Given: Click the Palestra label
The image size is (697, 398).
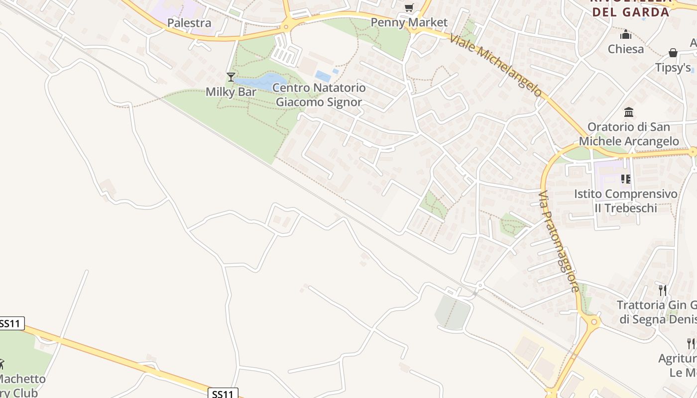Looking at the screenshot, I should pos(189,23).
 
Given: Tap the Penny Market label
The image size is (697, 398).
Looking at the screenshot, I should pos(409,23).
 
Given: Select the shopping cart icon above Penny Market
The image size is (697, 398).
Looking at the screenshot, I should pos(409,7).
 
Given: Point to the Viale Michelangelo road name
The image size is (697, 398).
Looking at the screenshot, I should pos(495,65).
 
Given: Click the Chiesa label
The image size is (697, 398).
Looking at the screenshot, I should pos(626,49).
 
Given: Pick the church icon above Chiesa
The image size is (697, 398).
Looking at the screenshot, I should pos(626,35).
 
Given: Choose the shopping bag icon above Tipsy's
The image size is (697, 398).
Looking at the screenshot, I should pos(673,53).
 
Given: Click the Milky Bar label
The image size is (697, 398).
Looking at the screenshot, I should pos(231,92).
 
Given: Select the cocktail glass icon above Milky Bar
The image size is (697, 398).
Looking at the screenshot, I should pos(231,77).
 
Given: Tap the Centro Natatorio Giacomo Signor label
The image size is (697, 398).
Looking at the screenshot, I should pos(320,95).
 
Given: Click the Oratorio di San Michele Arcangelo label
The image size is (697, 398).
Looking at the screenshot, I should pos(629,134).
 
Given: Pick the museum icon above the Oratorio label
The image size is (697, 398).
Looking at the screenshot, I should pos(629,112).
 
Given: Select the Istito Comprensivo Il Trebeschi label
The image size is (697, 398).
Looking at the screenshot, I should pos(626,200).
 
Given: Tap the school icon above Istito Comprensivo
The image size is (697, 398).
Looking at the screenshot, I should pos(626,179).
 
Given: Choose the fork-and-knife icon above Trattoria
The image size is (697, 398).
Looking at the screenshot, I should pos(662,290).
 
